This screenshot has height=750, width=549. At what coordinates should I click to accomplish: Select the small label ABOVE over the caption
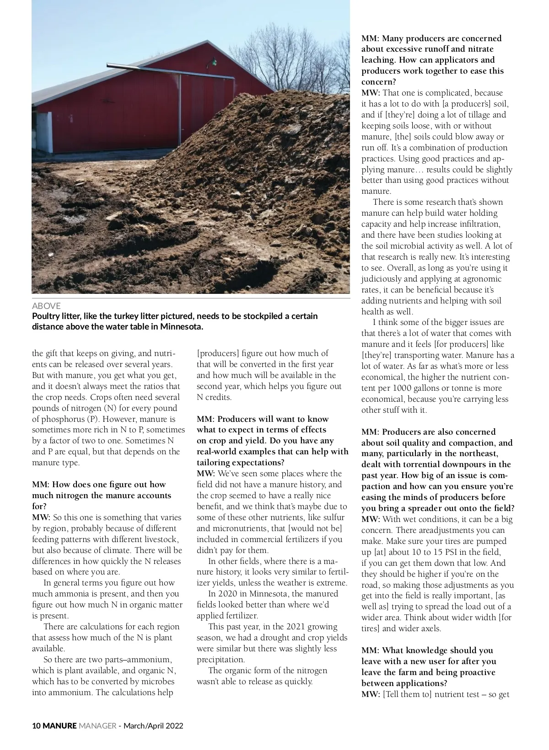46,306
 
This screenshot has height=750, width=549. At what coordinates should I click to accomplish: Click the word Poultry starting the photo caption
46,316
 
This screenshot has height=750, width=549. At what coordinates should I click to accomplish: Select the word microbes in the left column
159,681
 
